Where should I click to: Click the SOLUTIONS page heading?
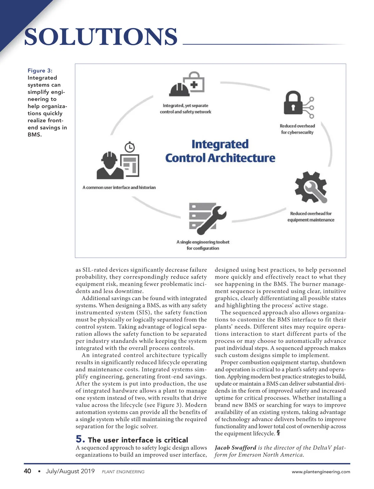101,37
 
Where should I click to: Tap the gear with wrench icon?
311,187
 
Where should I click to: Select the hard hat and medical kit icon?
187,84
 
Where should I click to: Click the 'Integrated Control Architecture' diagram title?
220,151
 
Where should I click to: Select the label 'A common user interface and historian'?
119,187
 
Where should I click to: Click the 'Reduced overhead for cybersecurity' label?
297,129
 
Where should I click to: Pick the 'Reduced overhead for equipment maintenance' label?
311,217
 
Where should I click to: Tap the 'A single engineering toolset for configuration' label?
203,245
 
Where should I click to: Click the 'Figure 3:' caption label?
40,71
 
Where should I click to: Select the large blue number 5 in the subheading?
80,439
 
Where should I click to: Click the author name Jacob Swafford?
235,448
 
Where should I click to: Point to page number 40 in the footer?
27,471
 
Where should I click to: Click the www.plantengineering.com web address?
321,472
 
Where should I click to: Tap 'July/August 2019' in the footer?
70,471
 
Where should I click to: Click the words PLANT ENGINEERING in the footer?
123,472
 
